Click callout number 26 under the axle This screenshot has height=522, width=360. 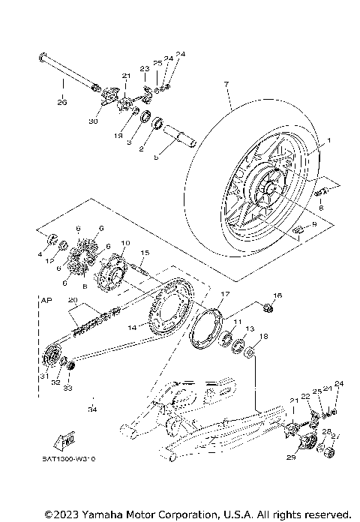tap(61, 102)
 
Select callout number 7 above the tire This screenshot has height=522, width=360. tap(224, 85)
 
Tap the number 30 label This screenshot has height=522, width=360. tap(94, 121)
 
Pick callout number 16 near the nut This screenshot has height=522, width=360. tap(277, 295)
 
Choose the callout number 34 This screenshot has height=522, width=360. tap(92, 409)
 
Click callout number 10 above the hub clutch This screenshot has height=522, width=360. tap(125, 244)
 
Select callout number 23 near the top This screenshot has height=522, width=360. tap(145, 68)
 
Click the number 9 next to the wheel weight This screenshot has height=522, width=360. tap(314, 224)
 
